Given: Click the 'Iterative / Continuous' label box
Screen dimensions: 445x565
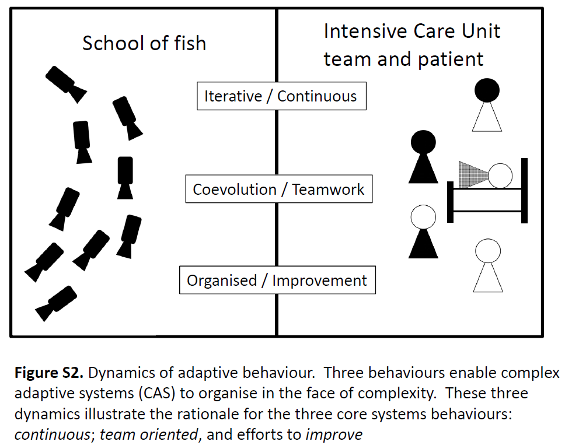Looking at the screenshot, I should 281,96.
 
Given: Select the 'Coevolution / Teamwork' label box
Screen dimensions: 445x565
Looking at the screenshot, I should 278,190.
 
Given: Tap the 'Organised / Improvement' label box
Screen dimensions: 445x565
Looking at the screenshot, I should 277,281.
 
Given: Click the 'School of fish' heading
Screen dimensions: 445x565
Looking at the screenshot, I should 144,44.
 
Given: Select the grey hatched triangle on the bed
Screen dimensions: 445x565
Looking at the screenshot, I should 473,173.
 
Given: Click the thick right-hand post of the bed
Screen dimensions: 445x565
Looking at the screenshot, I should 524,190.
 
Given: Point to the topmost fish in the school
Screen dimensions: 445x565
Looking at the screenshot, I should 65,83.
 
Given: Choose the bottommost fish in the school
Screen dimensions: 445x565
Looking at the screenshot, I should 56,304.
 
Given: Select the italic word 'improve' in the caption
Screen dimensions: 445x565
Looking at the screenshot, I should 334,435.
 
